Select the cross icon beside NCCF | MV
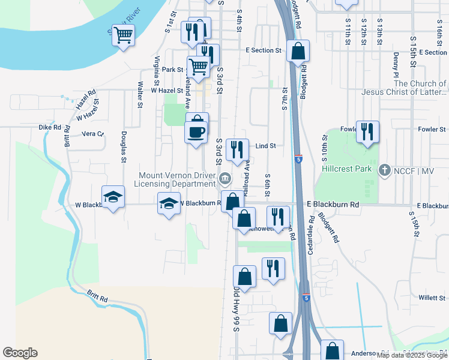click(x=385, y=170)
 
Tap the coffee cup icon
click(x=197, y=130)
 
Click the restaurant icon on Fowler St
click(x=367, y=131)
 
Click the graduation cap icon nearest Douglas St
click(x=112, y=197)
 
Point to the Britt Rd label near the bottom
click(x=97, y=296)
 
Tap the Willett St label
click(x=431, y=297)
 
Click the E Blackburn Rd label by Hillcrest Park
click(x=333, y=205)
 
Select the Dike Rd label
click(x=50, y=127)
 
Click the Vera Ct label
click(x=92, y=134)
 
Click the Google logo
click(x=20, y=353)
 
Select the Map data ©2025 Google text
click(x=412, y=355)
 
